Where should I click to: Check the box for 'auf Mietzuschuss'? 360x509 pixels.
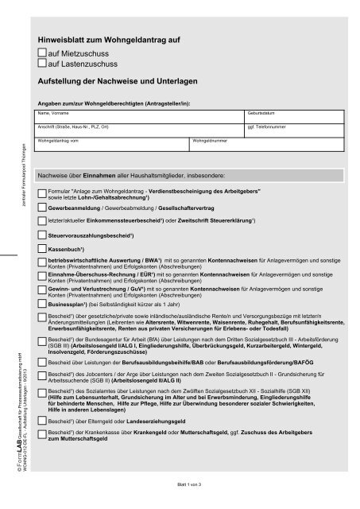(42, 51)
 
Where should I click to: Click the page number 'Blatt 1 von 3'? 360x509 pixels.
(180, 483)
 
